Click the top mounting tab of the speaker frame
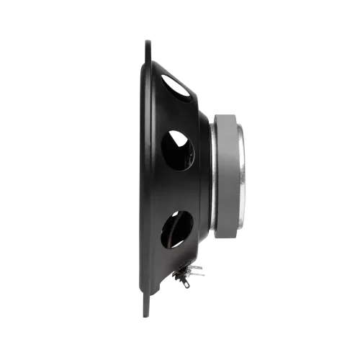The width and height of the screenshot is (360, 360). coord(149,47)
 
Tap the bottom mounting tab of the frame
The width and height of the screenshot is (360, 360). coord(149,311)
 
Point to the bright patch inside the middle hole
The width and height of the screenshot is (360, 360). coord(189,151)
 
